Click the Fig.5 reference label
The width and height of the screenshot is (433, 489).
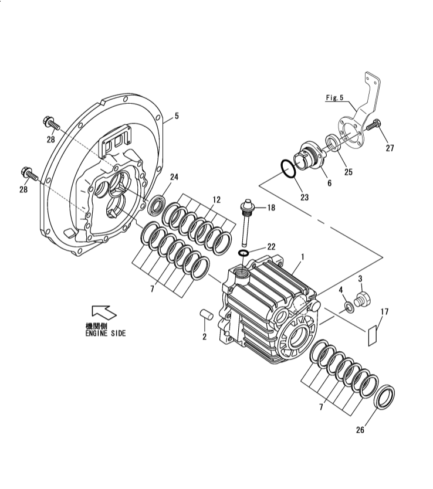tap(335, 98)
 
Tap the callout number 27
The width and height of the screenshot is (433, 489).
tap(390, 148)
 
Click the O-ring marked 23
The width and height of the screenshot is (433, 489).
tap(287, 168)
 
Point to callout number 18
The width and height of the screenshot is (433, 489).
tap(271, 208)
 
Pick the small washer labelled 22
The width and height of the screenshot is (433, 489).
tap(243, 253)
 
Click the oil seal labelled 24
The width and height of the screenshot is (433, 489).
tap(157, 205)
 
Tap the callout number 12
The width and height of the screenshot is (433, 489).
tap(216, 200)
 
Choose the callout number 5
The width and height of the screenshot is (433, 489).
tap(177, 116)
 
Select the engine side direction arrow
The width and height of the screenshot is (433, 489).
tap(101, 313)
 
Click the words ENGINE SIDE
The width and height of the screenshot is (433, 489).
tap(105, 333)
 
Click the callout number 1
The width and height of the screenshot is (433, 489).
tap(302, 257)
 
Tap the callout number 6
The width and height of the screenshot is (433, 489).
tap(329, 183)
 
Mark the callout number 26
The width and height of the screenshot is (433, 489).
tap(360, 430)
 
